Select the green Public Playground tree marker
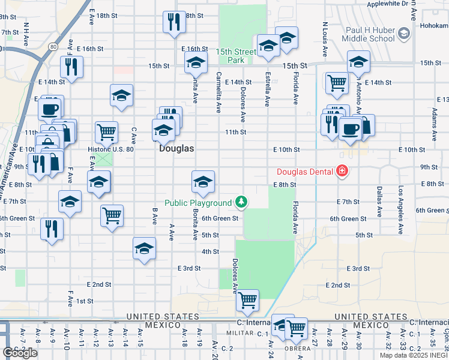point(241,201)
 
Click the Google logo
point(20,353)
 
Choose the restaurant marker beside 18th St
point(174,22)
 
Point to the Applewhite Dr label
point(387,4)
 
